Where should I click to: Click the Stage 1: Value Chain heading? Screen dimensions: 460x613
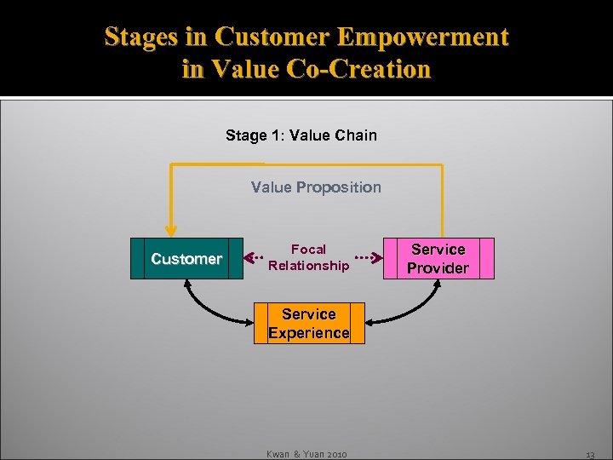pos(301,135)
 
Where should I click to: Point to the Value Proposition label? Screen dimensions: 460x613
pos(316,187)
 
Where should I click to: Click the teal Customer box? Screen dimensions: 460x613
pos(186,259)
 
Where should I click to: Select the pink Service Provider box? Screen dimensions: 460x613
pos(438,259)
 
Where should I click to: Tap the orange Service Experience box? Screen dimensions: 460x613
pos(309,324)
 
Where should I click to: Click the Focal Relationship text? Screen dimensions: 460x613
pos(308,257)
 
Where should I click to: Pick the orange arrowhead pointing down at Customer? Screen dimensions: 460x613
pos(171,229)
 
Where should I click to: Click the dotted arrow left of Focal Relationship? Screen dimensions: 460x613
pos(253,256)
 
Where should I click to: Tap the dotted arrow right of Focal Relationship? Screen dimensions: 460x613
pos(365,256)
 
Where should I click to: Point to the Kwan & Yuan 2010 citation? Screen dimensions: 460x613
pos(307,454)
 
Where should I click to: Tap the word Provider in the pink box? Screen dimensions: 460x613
pos(438,268)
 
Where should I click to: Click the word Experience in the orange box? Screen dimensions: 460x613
pos(309,333)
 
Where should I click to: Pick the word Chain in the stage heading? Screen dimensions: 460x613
pos(357,135)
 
